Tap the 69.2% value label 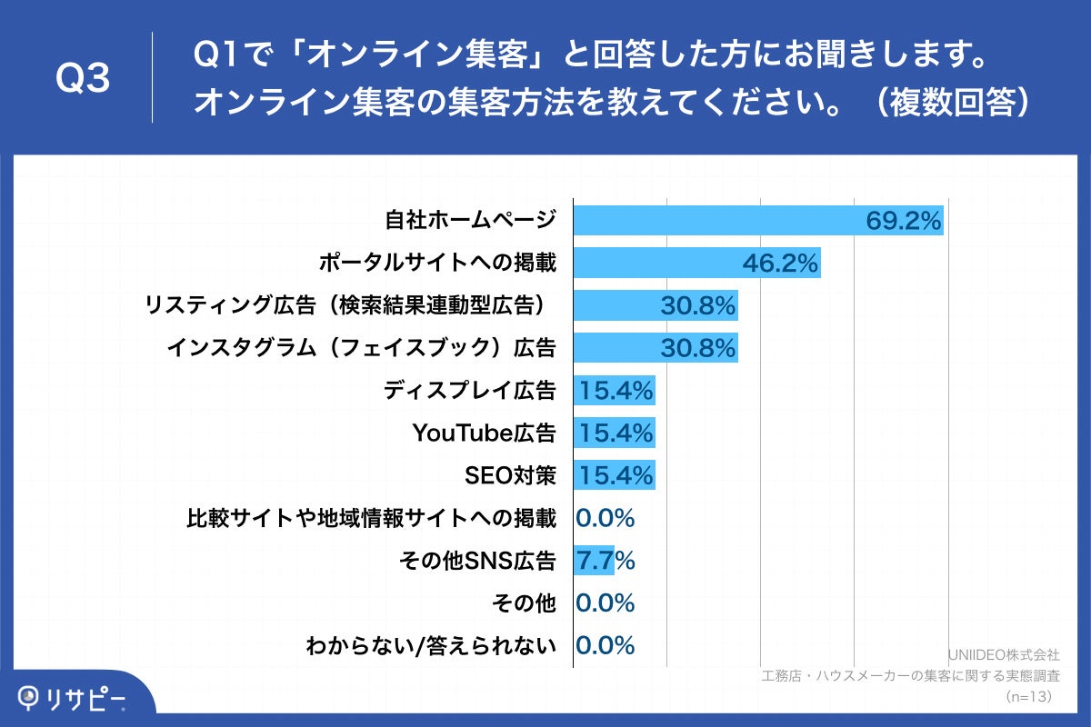(x=903, y=221)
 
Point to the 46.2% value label (x=781, y=264)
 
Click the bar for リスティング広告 (x=618, y=306)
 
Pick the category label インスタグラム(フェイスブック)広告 (x=361, y=348)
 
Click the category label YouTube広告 (x=484, y=433)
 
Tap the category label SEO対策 (x=509, y=475)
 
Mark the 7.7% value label (x=605, y=561)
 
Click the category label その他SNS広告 (x=477, y=561)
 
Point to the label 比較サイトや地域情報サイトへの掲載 (x=371, y=518)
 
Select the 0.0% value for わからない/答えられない (x=605, y=646)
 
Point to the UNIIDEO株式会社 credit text (x=1004, y=654)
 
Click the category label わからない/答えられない (x=430, y=646)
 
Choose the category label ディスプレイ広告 (x=469, y=391)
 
